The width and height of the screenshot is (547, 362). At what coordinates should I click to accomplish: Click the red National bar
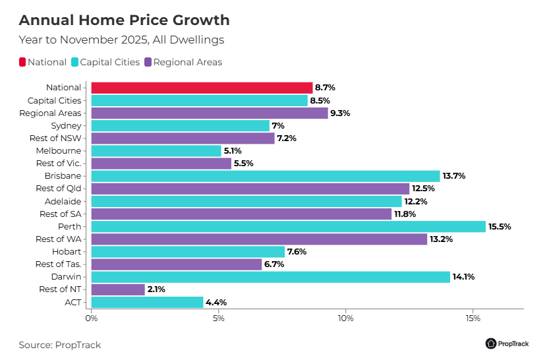pos(202,88)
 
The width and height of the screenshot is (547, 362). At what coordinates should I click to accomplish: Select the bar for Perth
pos(288,226)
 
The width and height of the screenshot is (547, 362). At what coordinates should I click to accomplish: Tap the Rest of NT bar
pos(118,289)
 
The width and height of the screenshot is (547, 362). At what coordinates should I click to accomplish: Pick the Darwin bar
pos(270,277)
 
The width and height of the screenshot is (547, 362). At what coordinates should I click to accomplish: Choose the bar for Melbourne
pos(156,151)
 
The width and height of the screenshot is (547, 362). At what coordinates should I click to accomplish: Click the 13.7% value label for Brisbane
pos(454,176)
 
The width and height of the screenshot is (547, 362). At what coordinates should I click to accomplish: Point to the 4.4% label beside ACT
pos(216,302)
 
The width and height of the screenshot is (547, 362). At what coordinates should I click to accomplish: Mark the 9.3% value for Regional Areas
pos(340,113)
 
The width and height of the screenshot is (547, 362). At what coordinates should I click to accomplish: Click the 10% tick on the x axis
pos(345,318)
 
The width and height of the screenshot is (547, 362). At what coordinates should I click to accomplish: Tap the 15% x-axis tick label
pos(473,318)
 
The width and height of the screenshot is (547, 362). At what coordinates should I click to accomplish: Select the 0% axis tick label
pos(91,318)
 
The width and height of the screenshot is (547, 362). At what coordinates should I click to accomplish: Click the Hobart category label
pos(67,251)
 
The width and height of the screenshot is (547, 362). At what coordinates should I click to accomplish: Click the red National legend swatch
pos(22,63)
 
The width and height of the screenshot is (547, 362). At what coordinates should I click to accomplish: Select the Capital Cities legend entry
pos(109,63)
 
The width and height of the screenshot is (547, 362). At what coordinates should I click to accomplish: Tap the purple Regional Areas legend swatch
pos(148,63)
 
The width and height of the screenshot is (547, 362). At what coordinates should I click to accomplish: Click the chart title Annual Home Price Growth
pos(124,20)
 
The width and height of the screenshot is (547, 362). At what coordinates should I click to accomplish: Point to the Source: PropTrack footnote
pos(59,345)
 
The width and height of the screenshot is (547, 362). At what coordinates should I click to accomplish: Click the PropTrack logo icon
pos(491,344)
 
